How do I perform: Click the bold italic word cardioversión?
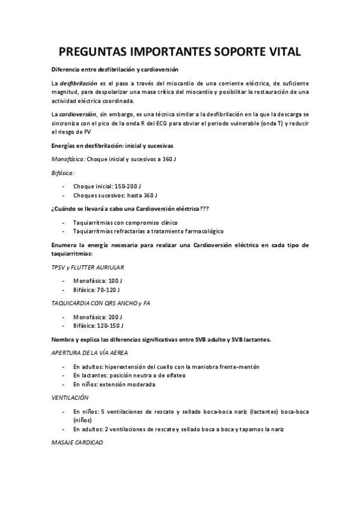coord(80,114)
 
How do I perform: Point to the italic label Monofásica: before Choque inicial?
coord(69,158)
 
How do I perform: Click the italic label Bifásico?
coord(63,172)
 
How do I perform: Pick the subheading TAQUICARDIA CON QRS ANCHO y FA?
coord(100,303)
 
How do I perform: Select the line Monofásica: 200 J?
coord(97,316)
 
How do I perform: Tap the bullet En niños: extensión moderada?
coord(114,384)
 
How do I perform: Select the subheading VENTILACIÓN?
coord(70,398)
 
